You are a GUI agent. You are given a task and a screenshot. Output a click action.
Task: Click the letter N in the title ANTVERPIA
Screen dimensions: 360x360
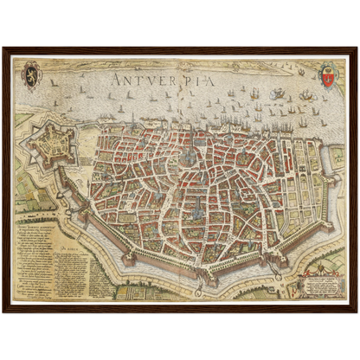point(126,79)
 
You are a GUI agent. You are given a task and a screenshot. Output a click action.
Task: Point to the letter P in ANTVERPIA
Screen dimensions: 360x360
point(193,79)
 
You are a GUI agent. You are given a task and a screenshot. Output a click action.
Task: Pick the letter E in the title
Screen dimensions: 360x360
point(166,79)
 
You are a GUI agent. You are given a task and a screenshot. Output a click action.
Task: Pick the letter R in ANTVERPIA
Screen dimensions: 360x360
point(180,79)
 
